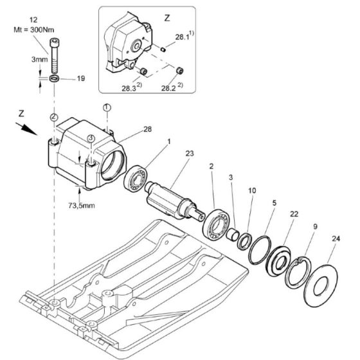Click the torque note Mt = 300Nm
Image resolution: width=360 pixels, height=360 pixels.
34,30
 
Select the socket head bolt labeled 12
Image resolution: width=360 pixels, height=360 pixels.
54,55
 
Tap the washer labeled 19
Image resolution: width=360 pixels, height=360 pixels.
54,78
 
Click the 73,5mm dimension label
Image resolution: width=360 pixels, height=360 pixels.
82,205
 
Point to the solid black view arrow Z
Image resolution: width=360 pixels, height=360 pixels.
26,129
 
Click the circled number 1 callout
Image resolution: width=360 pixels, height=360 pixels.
107,107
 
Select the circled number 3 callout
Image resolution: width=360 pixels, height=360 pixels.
91,138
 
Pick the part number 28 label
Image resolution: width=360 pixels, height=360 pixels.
148,129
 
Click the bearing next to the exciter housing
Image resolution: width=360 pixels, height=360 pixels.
136,177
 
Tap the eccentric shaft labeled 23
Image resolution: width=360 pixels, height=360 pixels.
175,201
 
